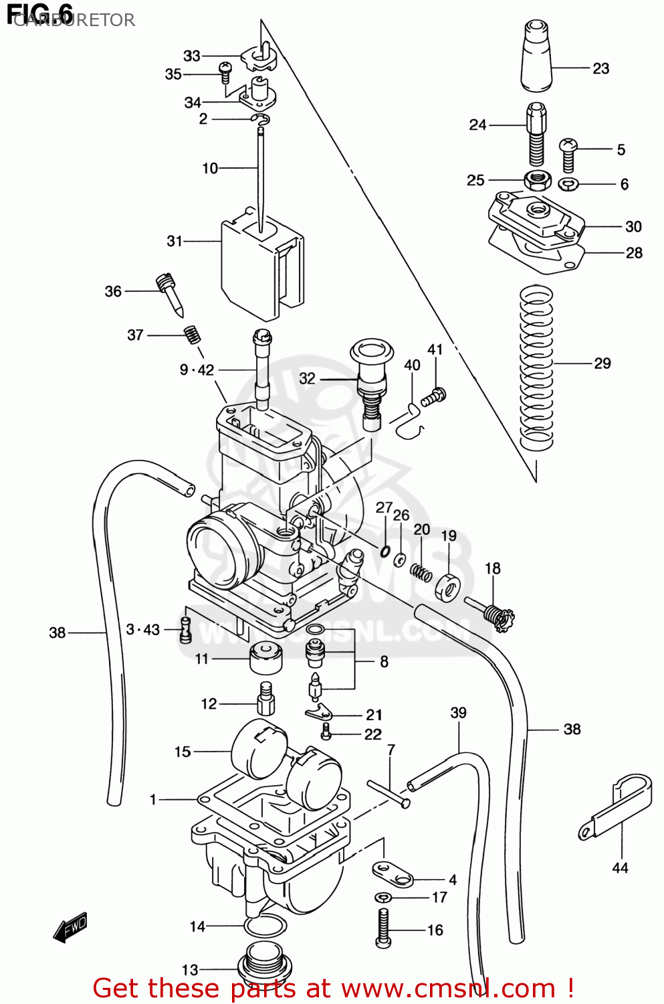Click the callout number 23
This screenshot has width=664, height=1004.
pyautogui.click(x=600, y=68)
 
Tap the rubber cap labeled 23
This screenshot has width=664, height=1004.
pyautogui.click(x=536, y=57)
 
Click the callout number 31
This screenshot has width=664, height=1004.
pyautogui.click(x=175, y=241)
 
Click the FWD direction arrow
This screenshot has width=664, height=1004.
pyautogui.click(x=70, y=928)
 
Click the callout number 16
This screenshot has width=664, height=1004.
pyautogui.click(x=435, y=930)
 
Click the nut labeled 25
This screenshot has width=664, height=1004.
pyautogui.click(x=537, y=179)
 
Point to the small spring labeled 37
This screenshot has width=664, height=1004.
pyautogui.click(x=193, y=333)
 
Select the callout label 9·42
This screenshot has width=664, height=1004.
pyautogui.click(x=197, y=370)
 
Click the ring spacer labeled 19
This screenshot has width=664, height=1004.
pyautogui.click(x=447, y=586)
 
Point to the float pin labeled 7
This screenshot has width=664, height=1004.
pyautogui.click(x=388, y=793)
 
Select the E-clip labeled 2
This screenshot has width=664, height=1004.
pyautogui.click(x=261, y=120)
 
